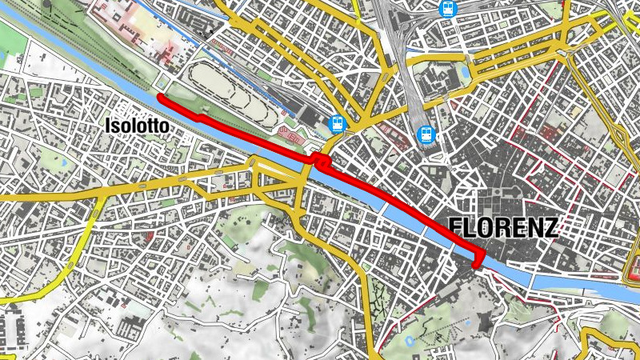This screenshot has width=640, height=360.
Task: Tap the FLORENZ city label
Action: [x=503, y=227]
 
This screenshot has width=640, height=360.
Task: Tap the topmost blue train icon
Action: [x=446, y=10]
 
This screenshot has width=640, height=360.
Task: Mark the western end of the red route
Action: [x=160, y=97]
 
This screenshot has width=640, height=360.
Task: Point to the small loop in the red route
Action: [x=323, y=162]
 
